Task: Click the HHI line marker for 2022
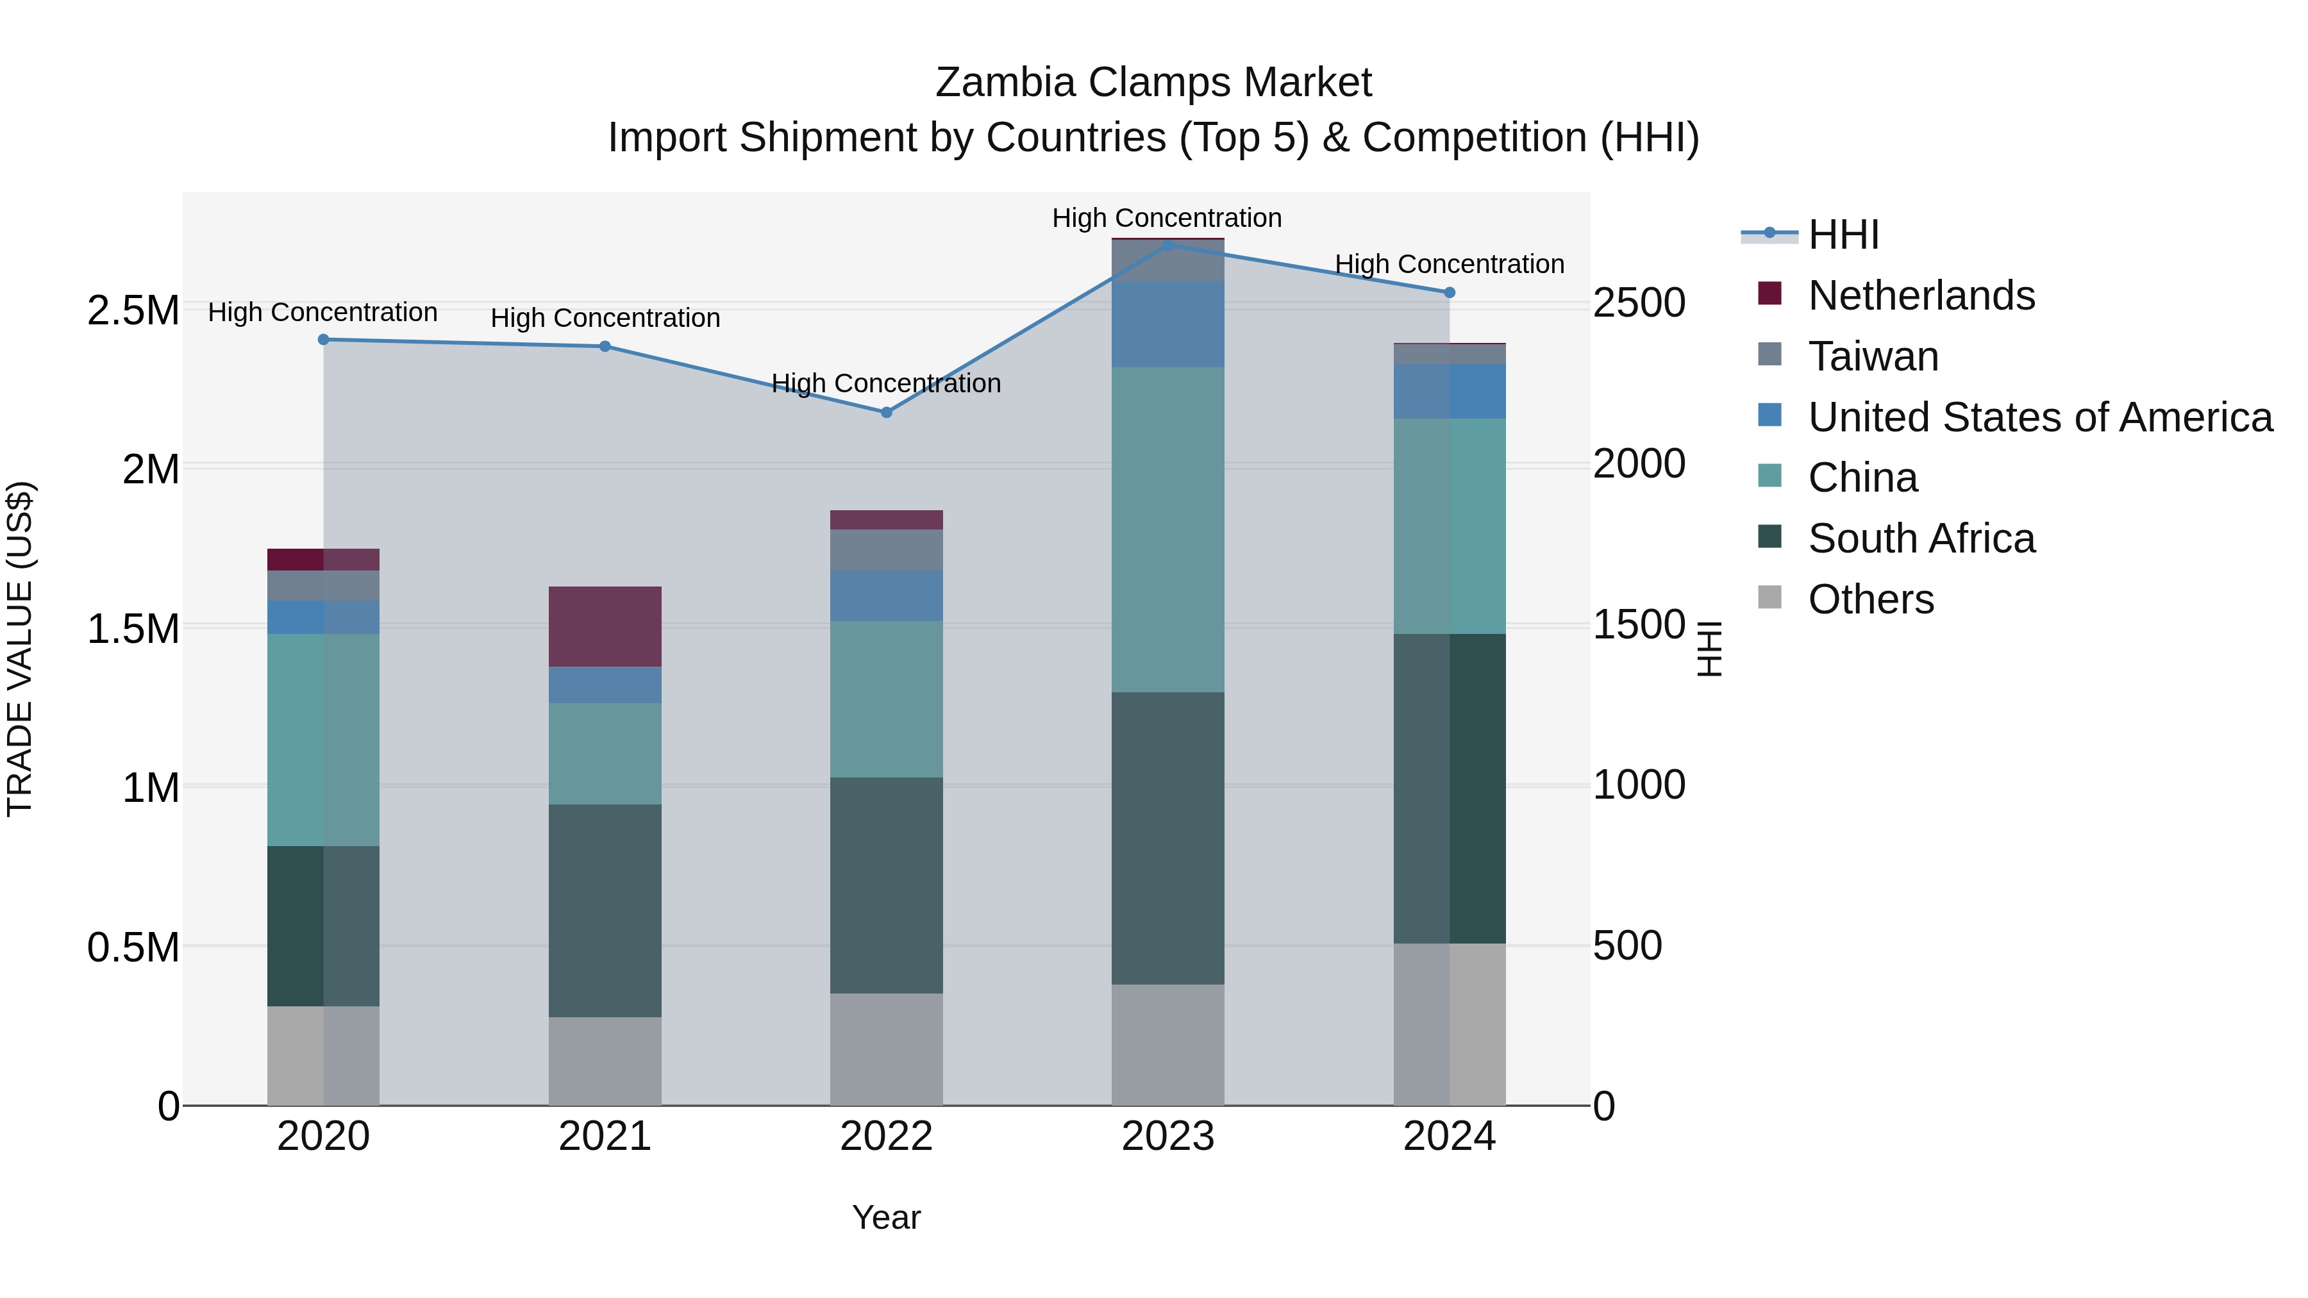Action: pyautogui.click(x=886, y=413)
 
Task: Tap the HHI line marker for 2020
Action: pyautogui.click(x=324, y=340)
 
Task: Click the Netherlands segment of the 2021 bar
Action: pyautogui.click(x=605, y=626)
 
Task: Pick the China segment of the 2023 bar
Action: pyautogui.click(x=1167, y=529)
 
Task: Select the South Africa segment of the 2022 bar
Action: pyautogui.click(x=886, y=885)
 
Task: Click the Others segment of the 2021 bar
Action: pyautogui.click(x=605, y=1061)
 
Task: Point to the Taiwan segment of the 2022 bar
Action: pyautogui.click(x=886, y=550)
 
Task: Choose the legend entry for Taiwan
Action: pyautogui.click(x=1873, y=356)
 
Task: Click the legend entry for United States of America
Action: pyautogui.click(x=2039, y=417)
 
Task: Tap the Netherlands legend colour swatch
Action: pyautogui.click(x=1769, y=293)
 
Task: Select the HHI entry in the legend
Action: pyautogui.click(x=1843, y=235)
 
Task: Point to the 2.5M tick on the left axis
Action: pyautogui.click(x=133, y=311)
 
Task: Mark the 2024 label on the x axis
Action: pyautogui.click(x=1449, y=1136)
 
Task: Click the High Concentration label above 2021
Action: pyautogui.click(x=605, y=318)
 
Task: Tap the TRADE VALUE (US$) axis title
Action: pyautogui.click(x=20, y=649)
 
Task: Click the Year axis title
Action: pyautogui.click(x=886, y=1217)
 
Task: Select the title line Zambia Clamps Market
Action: pyautogui.click(x=1153, y=83)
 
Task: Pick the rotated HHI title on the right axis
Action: pyautogui.click(x=1709, y=649)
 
